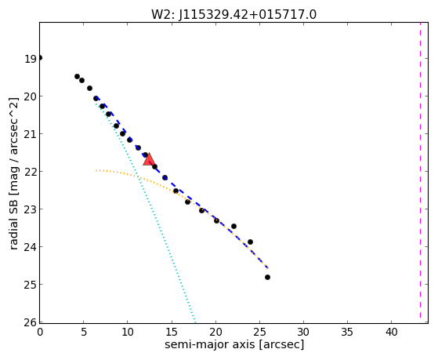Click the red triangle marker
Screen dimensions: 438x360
[x=149, y=159]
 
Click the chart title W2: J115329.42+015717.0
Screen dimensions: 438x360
[x=233, y=15]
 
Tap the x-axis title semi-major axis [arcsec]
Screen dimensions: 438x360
[x=234, y=344]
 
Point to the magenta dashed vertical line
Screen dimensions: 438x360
[x=420, y=173]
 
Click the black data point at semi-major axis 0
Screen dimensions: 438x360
[x=40, y=58]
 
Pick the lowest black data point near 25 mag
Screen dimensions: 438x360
[x=267, y=277]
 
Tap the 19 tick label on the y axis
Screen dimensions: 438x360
[x=31, y=59]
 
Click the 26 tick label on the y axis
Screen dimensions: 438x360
[x=31, y=322]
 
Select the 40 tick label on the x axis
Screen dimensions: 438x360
[x=391, y=332]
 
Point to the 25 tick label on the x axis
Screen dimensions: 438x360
[x=259, y=332]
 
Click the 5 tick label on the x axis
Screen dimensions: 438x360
[x=84, y=332]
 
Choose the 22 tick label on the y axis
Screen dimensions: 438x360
[x=31, y=172]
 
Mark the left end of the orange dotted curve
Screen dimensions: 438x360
[x=96, y=170]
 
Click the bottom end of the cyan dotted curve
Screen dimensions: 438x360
[x=195, y=322]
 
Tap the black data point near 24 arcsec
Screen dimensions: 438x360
[x=250, y=242]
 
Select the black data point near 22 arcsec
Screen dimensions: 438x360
[x=233, y=226]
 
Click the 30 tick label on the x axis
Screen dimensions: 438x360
[x=303, y=332]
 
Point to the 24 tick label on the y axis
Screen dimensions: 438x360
[x=31, y=247]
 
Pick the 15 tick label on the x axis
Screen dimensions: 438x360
[x=172, y=332]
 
